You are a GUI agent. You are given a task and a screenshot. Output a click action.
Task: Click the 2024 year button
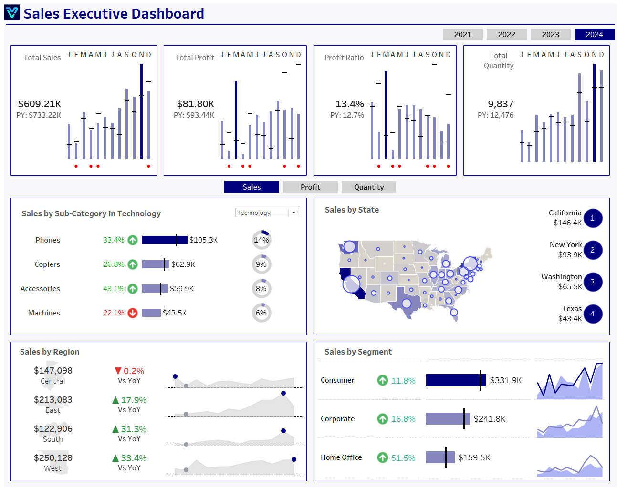coord(594,34)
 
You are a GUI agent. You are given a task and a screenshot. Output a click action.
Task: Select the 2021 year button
coord(462,34)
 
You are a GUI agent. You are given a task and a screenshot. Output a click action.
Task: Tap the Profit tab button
coord(310,187)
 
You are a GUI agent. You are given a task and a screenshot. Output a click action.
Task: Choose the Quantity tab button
coord(368,187)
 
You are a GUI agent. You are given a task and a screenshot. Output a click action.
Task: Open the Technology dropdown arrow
coord(293,213)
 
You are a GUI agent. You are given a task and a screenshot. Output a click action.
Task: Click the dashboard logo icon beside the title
coord(12,13)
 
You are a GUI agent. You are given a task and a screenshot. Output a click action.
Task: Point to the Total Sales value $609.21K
coord(40,104)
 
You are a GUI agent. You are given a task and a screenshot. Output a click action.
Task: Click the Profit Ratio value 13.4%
coord(349,104)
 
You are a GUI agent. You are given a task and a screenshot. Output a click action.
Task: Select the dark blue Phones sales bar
coord(164,240)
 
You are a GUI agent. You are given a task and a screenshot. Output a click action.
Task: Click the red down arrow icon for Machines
coord(133,313)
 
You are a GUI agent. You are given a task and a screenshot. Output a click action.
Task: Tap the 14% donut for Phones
coord(261,240)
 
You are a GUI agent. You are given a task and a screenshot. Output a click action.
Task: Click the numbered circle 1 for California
coord(592,218)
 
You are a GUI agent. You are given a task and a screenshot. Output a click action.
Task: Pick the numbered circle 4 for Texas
coord(592,314)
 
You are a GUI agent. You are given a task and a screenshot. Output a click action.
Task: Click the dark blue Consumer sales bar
coord(455,380)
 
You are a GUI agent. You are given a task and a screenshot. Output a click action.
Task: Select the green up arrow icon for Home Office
coord(382,457)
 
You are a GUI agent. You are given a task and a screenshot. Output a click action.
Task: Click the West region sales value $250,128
coord(53,457)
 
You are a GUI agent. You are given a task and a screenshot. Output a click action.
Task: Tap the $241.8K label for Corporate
coord(489,419)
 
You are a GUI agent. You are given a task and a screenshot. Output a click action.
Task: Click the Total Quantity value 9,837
coord(500,104)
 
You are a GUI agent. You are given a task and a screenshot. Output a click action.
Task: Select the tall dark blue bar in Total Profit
coord(236,120)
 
